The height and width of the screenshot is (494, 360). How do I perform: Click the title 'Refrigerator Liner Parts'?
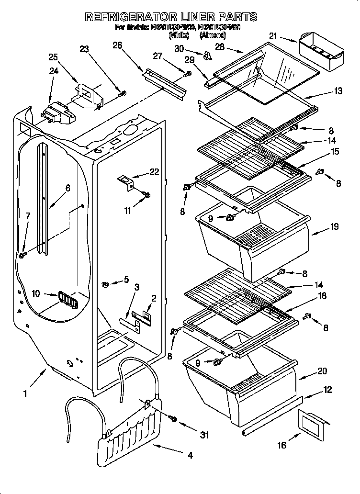coord(171,17)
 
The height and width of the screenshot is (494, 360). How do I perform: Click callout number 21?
coord(273,36)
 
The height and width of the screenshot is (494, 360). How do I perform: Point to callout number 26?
coord(117,45)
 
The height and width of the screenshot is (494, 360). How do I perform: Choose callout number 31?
coord(204,435)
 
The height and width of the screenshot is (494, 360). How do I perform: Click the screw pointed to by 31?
coord(173,419)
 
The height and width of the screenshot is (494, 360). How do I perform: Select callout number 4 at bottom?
coord(190,456)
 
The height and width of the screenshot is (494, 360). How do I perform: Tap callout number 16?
coord(281,445)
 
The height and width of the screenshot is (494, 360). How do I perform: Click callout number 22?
coord(154,172)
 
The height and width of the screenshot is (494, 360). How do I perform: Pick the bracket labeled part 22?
coord(127,182)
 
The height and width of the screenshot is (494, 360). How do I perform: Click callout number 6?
coord(68,189)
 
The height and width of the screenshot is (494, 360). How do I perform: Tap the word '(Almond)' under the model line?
coord(213,35)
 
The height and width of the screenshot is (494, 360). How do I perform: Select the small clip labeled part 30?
coord(207,56)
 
